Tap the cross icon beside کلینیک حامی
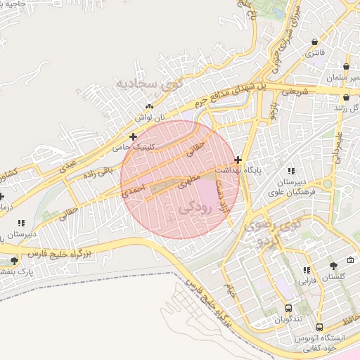click(x=132, y=136)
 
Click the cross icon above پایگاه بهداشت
click(x=238, y=160)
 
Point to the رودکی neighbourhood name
click(x=195, y=208)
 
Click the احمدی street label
click(x=134, y=190)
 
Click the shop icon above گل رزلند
click(x=347, y=98)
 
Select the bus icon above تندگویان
click(x=288, y=308)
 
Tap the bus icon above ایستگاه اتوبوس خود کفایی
click(x=320, y=328)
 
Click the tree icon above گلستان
click(x=333, y=266)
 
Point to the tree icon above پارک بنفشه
click(x=14, y=260)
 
